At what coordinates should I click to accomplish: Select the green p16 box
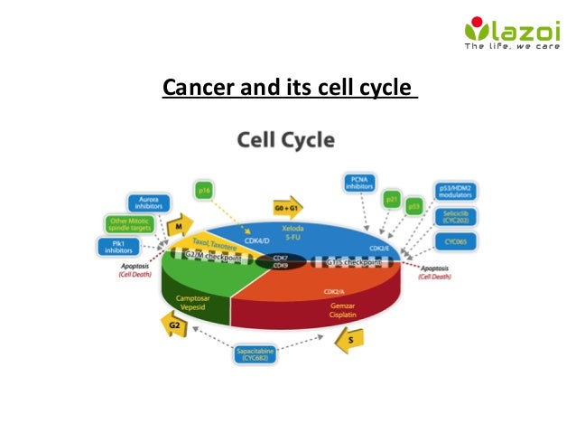[205, 191]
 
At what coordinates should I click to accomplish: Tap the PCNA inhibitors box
[359, 182]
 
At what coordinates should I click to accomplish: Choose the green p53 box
[414, 206]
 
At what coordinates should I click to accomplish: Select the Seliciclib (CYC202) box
[455, 218]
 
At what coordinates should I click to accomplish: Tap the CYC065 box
[455, 242]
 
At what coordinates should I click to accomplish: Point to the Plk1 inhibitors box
[115, 247]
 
